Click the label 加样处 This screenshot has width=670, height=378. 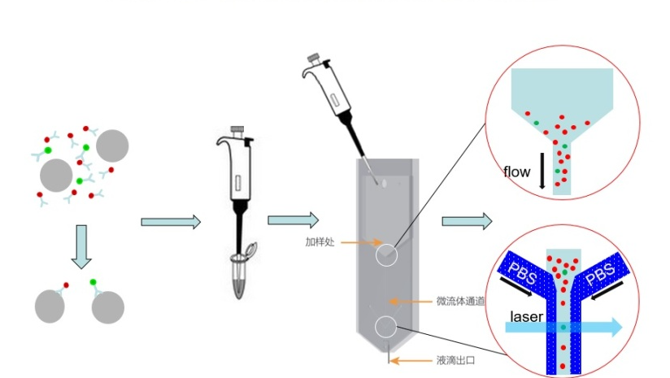tap(320, 241)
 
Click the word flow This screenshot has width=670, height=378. tap(516, 172)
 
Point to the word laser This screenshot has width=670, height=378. tap(527, 315)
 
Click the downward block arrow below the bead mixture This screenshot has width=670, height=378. tap(81, 247)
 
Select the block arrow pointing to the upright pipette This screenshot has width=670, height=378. tap(170, 222)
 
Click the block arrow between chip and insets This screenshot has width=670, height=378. tap(467, 220)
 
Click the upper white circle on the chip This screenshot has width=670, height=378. tap(387, 255)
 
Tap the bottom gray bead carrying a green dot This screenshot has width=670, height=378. tap(107, 307)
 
